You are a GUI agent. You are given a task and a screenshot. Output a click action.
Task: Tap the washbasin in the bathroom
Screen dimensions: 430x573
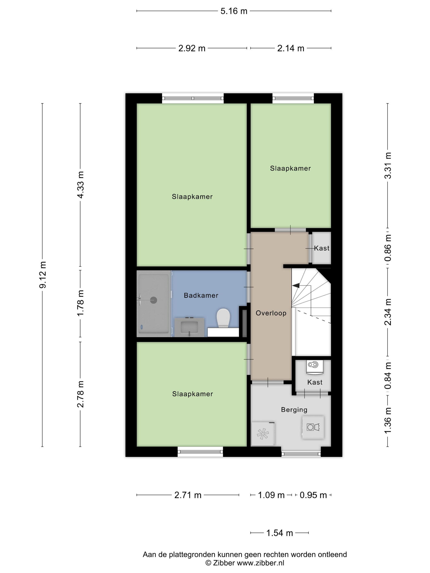click(189, 327)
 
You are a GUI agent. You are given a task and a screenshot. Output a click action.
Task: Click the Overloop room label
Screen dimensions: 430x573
click(271, 313)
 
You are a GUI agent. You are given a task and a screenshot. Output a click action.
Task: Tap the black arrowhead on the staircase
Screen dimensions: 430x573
click(295, 285)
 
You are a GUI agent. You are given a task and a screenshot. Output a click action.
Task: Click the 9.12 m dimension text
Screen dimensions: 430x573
click(43, 275)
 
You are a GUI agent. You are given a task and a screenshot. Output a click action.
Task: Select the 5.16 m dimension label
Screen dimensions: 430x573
click(234, 11)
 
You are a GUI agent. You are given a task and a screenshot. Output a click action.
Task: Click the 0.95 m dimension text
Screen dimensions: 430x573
click(313, 495)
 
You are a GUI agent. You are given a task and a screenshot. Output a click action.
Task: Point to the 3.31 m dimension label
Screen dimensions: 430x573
click(388, 165)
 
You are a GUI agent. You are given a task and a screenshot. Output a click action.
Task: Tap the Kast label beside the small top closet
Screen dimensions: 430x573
click(322, 248)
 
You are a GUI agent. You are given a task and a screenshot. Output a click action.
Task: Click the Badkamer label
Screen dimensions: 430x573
click(201, 295)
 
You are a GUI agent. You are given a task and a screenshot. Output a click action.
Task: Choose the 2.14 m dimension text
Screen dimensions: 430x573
click(291, 49)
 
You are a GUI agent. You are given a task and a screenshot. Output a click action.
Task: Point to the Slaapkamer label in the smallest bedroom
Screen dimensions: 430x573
click(290, 168)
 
